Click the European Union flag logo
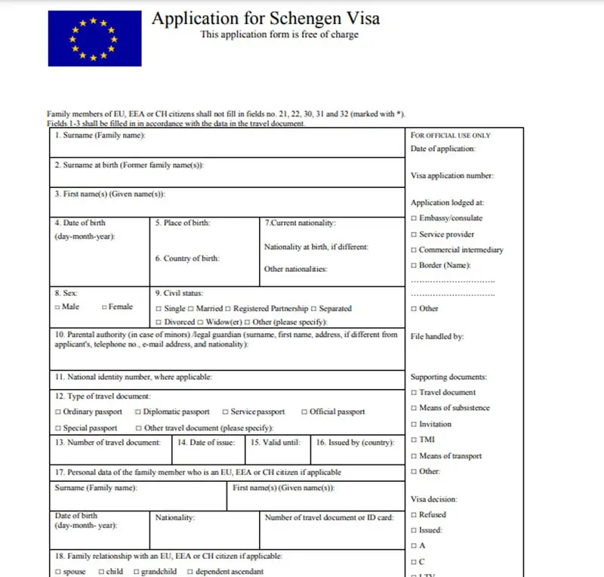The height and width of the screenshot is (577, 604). (x=94, y=38)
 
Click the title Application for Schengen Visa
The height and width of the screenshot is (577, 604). (x=266, y=18)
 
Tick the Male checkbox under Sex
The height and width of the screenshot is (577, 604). (x=57, y=307)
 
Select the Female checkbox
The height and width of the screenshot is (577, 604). (x=103, y=307)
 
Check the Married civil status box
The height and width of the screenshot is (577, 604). (x=191, y=309)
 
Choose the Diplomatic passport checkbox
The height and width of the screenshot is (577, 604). (x=137, y=412)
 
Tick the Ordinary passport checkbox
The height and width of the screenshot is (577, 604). (x=57, y=412)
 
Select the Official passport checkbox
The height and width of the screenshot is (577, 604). (x=304, y=412)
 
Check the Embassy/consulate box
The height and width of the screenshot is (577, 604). (x=414, y=219)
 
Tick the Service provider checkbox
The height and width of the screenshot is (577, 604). (x=414, y=235)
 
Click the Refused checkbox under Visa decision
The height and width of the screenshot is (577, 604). (x=414, y=515)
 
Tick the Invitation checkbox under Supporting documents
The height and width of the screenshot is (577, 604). (x=414, y=424)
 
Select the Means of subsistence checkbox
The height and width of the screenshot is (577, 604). (x=414, y=409)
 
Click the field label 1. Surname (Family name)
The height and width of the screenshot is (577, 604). (x=100, y=136)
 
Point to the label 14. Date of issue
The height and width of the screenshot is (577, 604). (x=206, y=443)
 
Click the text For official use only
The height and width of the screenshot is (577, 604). (x=451, y=136)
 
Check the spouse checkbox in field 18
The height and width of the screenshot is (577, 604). (x=57, y=572)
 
